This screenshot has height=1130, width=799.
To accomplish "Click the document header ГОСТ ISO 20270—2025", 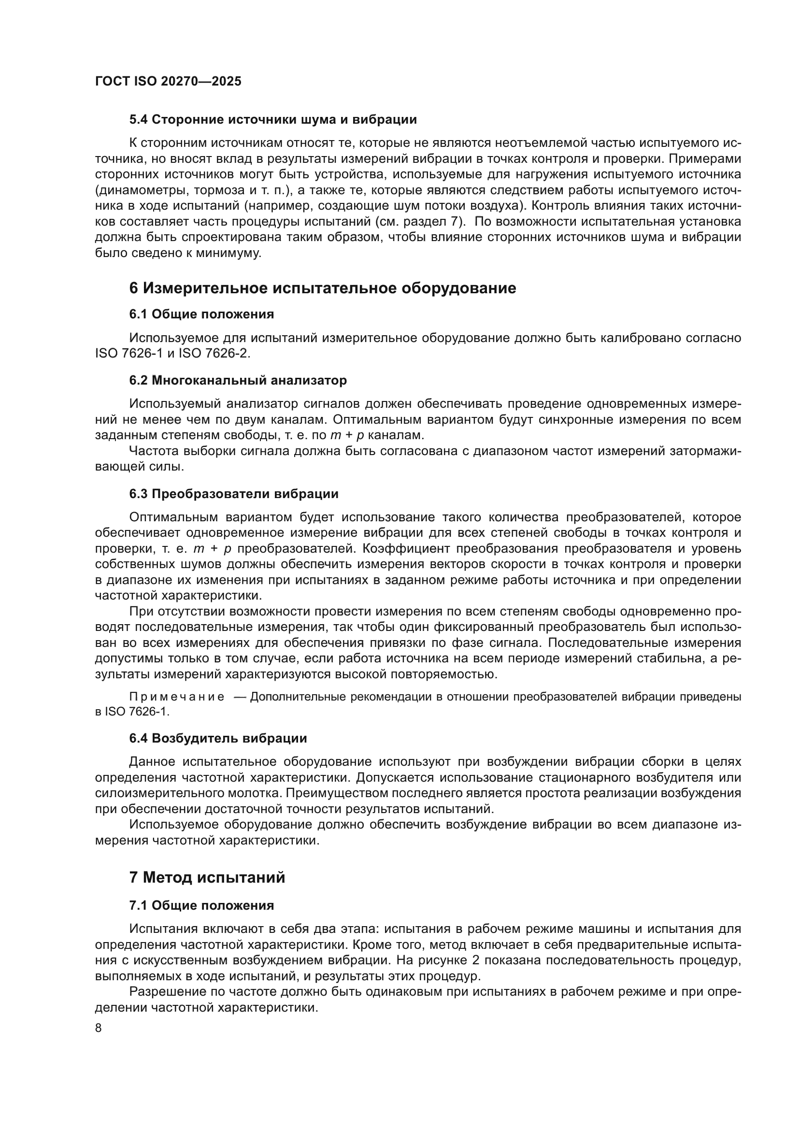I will (168, 81).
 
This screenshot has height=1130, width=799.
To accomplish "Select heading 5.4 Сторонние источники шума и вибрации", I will (272, 120).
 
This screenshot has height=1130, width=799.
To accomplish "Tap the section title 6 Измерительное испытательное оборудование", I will (322, 288).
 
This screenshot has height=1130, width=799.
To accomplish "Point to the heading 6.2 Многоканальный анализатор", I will (238, 380).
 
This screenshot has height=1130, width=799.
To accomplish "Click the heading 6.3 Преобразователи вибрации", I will (234, 494).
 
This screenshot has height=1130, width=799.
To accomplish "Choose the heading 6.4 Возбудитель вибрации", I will (218, 738).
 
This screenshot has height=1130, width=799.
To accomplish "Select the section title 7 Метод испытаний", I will (207, 877).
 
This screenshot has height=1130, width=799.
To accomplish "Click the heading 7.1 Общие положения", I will (201, 905).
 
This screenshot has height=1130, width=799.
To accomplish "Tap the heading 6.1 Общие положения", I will (201, 314).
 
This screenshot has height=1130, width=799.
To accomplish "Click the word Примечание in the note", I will (177, 697).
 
